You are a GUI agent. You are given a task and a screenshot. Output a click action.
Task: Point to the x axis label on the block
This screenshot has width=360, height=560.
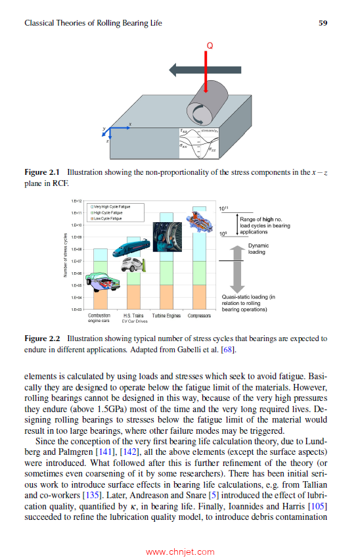click(129, 125)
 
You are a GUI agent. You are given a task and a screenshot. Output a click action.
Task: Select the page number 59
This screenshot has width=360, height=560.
click(323, 23)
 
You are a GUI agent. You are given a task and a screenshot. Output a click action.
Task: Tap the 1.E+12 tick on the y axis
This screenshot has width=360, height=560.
click(76, 201)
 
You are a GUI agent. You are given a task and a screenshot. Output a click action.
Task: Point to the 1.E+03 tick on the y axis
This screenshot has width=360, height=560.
click(76, 309)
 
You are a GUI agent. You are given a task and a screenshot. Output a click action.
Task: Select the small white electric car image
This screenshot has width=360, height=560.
click(134, 266)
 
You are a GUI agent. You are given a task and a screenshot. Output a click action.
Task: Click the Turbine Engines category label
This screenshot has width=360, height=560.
click(166, 316)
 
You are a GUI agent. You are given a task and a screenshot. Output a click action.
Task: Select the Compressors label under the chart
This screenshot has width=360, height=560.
click(199, 316)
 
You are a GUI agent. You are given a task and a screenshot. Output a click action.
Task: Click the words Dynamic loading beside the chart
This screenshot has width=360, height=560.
click(258, 248)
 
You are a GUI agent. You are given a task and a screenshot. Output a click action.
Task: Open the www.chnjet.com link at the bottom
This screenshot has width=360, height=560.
click(179, 552)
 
